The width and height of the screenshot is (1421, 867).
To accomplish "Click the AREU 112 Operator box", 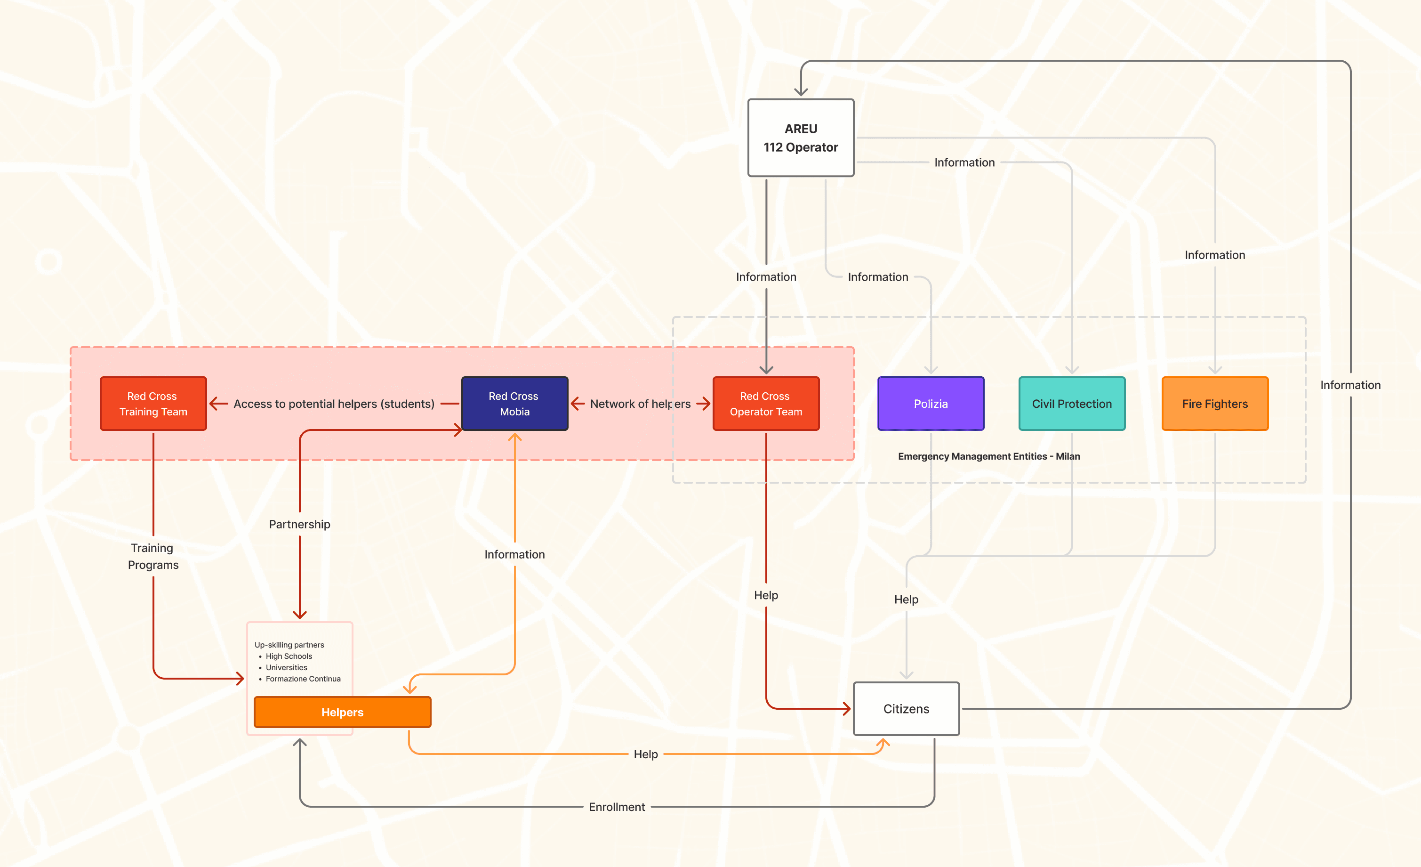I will (801, 138).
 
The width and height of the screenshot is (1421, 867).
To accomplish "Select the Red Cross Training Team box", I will (153, 404).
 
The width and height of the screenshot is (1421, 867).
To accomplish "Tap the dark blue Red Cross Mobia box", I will (514, 404).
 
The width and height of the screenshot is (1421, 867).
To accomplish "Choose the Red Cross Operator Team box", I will (766, 404).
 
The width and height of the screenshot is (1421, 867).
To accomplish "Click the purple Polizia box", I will (930, 404).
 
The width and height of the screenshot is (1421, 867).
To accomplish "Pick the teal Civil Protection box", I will (1072, 404).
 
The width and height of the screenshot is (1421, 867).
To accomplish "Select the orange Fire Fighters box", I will (1214, 404).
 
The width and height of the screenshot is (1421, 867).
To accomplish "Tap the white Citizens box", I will (906, 709).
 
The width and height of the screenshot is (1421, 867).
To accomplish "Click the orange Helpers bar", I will (342, 713).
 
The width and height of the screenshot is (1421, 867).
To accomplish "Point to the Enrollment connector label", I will (617, 807).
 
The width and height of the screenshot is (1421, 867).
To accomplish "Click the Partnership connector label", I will (299, 524).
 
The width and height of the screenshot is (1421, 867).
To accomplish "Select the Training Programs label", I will (153, 556).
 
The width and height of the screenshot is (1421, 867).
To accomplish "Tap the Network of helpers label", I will (640, 404).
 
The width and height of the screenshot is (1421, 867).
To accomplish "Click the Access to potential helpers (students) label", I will (333, 404).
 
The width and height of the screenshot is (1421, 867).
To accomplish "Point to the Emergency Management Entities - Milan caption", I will (988, 456).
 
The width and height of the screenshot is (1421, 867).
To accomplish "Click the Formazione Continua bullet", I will (303, 679).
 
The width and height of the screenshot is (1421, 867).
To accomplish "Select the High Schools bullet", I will (289, 656).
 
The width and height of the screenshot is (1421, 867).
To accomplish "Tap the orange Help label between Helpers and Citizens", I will (645, 754).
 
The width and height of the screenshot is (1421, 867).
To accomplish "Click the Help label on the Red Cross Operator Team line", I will (766, 595).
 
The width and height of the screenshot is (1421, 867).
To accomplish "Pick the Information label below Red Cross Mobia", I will (514, 554).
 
